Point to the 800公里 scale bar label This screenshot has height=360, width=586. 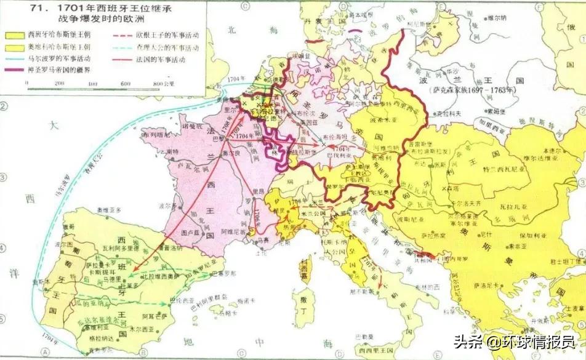tap(163, 83)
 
